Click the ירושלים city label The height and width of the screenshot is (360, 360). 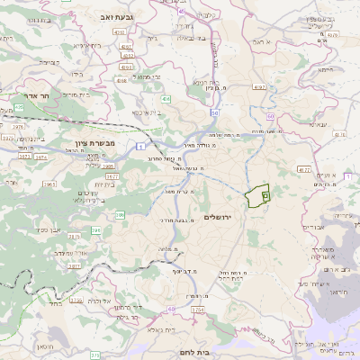click(x=219, y=218)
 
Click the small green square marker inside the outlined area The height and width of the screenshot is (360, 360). click(x=265, y=195)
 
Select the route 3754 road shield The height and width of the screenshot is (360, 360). click(x=197, y=310)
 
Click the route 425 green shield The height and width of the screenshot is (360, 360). click(x=19, y=108)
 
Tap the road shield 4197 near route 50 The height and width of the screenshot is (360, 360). click(x=260, y=87)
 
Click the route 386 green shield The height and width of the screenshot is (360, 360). click(x=120, y=213)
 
